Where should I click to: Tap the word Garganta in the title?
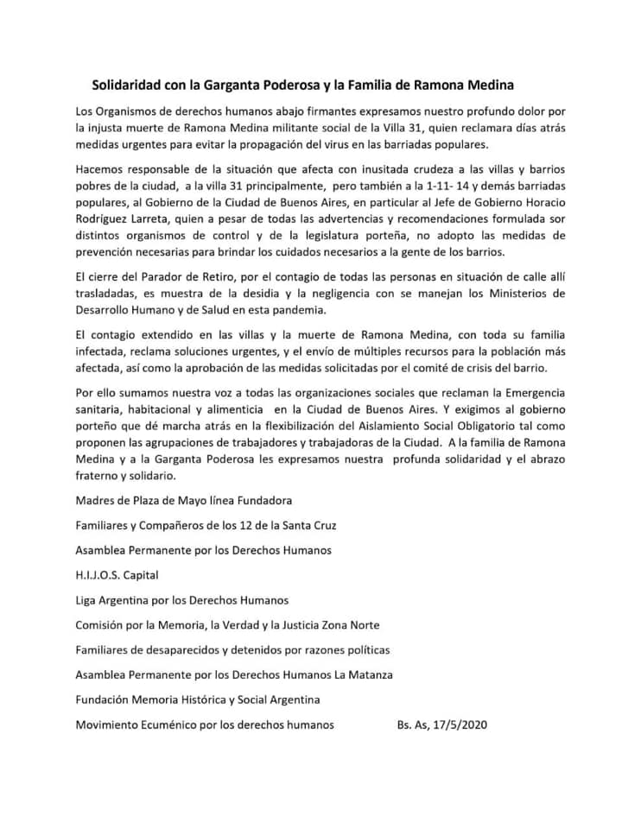[235, 85]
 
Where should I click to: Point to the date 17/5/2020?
[456, 725]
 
